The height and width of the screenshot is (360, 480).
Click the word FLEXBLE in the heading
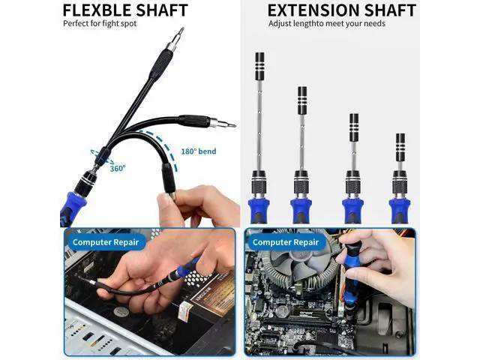coord(97,10)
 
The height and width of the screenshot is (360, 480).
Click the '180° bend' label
coord(198,151)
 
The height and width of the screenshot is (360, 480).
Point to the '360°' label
coord(118,168)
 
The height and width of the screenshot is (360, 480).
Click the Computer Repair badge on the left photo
coord(106,242)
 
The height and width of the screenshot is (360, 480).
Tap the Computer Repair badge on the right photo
coord(285,242)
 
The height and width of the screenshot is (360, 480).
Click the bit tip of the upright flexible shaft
coord(181,31)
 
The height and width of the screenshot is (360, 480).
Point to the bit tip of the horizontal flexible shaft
coord(231,125)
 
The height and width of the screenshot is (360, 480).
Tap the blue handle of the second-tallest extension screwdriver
coord(301,210)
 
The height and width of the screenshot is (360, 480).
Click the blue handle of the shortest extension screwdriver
coord(400,210)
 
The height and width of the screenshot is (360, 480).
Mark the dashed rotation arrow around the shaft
coord(102,157)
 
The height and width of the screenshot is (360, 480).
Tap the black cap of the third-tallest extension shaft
coord(354,127)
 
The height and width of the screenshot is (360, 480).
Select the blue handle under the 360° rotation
coord(73,208)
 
